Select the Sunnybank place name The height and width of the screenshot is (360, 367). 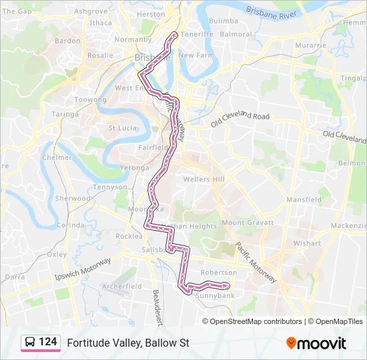tap(215, 294)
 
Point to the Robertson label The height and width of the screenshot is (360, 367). tap(218, 273)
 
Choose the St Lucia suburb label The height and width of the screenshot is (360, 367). tap(123, 128)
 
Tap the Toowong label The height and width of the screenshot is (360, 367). tap(90, 99)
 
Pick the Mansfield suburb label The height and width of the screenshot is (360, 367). tap(304, 199)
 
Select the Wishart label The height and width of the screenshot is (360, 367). tap(307, 243)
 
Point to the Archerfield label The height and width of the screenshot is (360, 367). tap(121, 286)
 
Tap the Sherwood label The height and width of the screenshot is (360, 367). tap(73, 198)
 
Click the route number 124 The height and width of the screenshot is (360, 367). tap(47, 342)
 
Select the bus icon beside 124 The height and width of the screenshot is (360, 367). tap(30, 343)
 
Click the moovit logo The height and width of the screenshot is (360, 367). tap(316, 343)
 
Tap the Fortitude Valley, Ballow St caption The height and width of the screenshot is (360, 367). tap(128, 343)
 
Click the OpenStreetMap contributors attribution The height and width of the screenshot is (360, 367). tap(252, 321)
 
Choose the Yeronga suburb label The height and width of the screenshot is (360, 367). tap(135, 167)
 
